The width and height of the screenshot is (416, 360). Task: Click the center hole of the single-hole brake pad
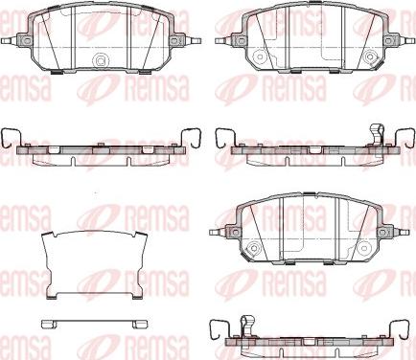(x=101, y=60)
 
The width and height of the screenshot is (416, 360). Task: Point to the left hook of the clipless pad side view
(x=9, y=137)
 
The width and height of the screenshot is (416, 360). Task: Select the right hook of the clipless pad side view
(x=192, y=137)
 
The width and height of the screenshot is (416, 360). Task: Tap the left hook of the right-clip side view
(x=222, y=138)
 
